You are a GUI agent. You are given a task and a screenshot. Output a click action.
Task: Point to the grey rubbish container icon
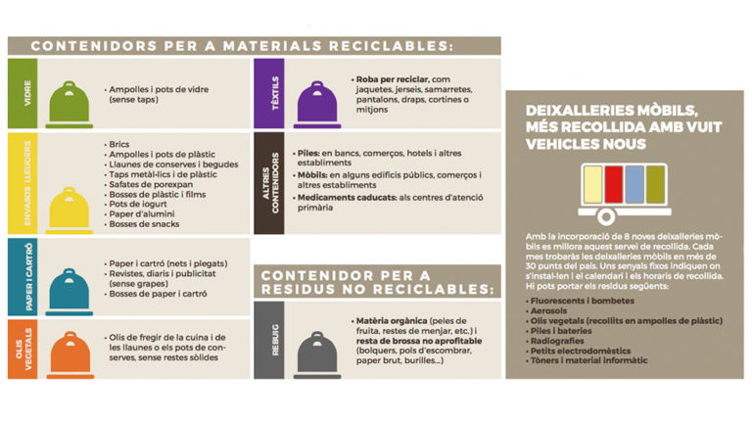315,349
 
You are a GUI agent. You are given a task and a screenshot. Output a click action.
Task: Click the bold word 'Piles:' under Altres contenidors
309,154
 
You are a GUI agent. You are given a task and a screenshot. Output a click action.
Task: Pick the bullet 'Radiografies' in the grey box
555,342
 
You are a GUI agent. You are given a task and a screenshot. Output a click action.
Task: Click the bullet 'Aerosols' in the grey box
544,310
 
